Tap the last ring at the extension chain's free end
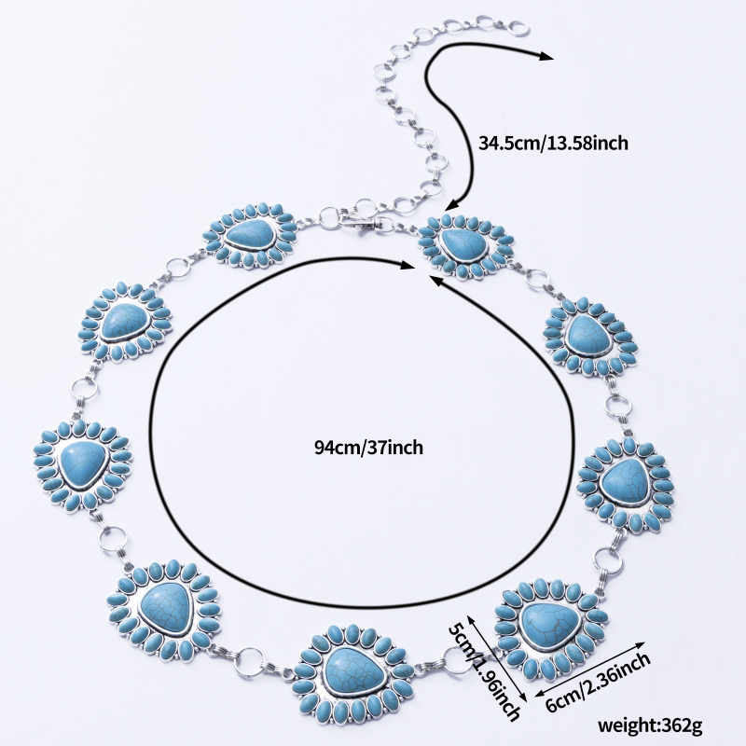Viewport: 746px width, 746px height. coord(520,29)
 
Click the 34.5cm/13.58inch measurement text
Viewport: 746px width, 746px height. coord(553,143)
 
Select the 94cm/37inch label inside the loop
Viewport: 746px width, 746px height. coord(368,448)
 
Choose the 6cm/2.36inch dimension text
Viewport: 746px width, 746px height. coord(598,683)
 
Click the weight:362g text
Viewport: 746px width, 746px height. coord(649,726)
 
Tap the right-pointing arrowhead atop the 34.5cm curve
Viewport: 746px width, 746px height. coord(546,57)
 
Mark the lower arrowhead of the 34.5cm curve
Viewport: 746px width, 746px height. coord(451,204)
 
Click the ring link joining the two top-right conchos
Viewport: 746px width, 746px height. coord(537,277)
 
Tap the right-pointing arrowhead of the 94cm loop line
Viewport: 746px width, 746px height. coord(408,266)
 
